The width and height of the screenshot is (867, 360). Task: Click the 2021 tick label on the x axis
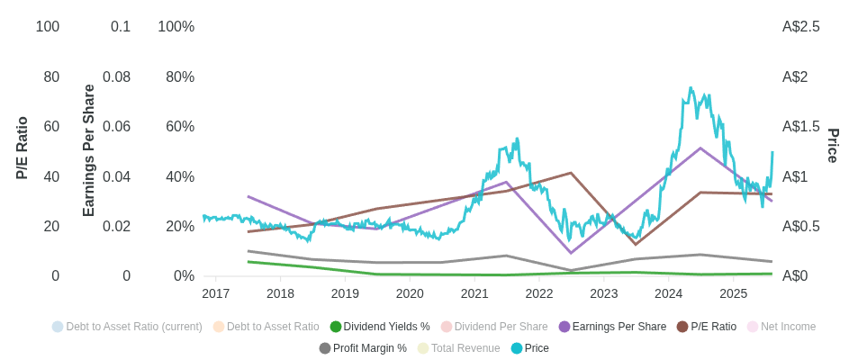(474, 293)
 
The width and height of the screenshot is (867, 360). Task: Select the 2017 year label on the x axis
(215, 293)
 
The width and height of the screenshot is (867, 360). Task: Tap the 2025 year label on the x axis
(733, 293)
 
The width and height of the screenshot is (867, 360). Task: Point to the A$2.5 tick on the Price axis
(800, 27)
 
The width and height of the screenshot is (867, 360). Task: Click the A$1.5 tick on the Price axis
(800, 127)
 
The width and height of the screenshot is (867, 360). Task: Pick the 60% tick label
(180, 127)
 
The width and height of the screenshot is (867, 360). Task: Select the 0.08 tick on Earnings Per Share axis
(116, 77)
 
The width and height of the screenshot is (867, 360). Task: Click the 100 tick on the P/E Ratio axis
(48, 27)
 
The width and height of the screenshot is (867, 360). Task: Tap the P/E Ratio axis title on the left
(23, 148)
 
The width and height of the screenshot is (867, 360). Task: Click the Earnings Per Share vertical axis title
(89, 150)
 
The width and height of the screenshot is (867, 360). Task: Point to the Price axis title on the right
(834, 146)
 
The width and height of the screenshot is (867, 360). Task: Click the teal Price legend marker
(517, 348)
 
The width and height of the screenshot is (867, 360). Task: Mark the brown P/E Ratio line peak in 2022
(571, 173)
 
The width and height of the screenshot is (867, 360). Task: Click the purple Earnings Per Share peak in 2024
(700, 148)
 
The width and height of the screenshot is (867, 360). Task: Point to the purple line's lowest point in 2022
(571, 253)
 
